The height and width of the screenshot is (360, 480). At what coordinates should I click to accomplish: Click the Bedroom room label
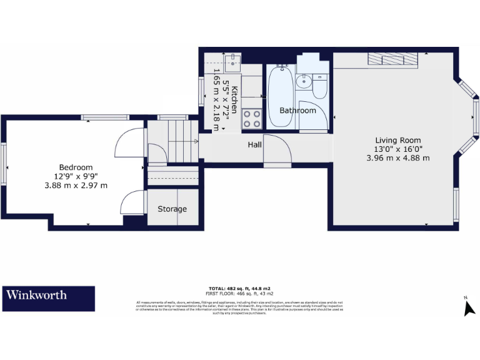click(76, 167)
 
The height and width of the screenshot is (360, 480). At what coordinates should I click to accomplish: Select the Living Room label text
click(397, 140)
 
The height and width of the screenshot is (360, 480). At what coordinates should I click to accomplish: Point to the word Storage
click(172, 209)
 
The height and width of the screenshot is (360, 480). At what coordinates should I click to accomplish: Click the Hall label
click(254, 144)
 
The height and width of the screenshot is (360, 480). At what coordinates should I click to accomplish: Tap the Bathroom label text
click(297, 111)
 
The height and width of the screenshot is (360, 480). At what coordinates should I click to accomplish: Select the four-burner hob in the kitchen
click(251, 119)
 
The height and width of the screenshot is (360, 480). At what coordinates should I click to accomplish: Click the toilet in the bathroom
click(319, 87)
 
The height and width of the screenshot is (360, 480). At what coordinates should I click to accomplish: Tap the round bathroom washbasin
click(305, 81)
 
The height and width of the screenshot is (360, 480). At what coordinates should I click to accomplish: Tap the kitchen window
click(202, 91)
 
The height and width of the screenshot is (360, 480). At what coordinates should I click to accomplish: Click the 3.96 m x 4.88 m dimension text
click(397, 158)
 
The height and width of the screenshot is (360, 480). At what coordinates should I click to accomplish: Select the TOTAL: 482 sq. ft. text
click(240, 289)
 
